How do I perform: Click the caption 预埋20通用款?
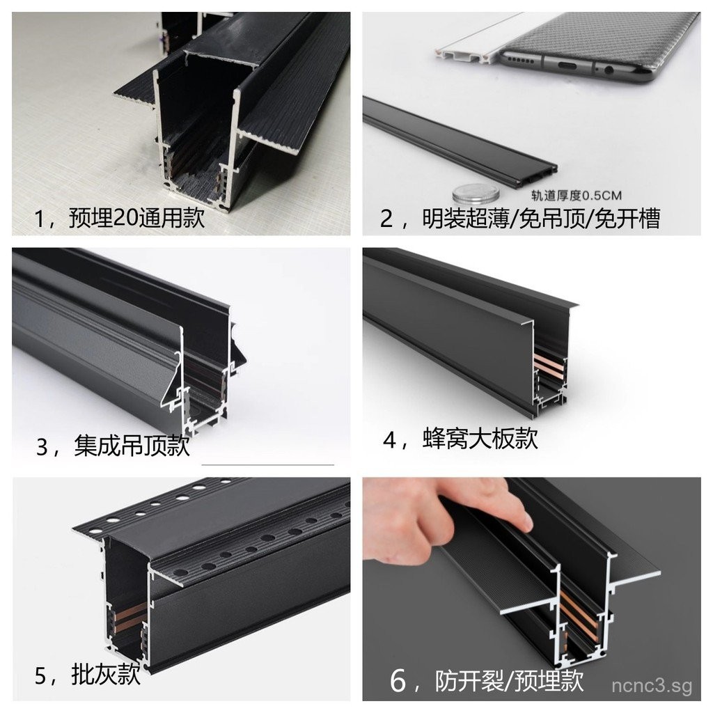pos(136,219)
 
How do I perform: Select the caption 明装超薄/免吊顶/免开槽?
pos(540,219)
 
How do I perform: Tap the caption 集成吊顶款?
pos(132,445)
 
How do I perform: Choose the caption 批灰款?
pos(106,674)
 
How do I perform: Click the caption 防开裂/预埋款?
pos(508,680)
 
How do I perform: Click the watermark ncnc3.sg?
pos(652,687)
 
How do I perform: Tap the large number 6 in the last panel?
pos(398,680)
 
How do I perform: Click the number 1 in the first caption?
pos(40,219)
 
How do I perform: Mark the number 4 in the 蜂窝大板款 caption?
pos(391,439)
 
